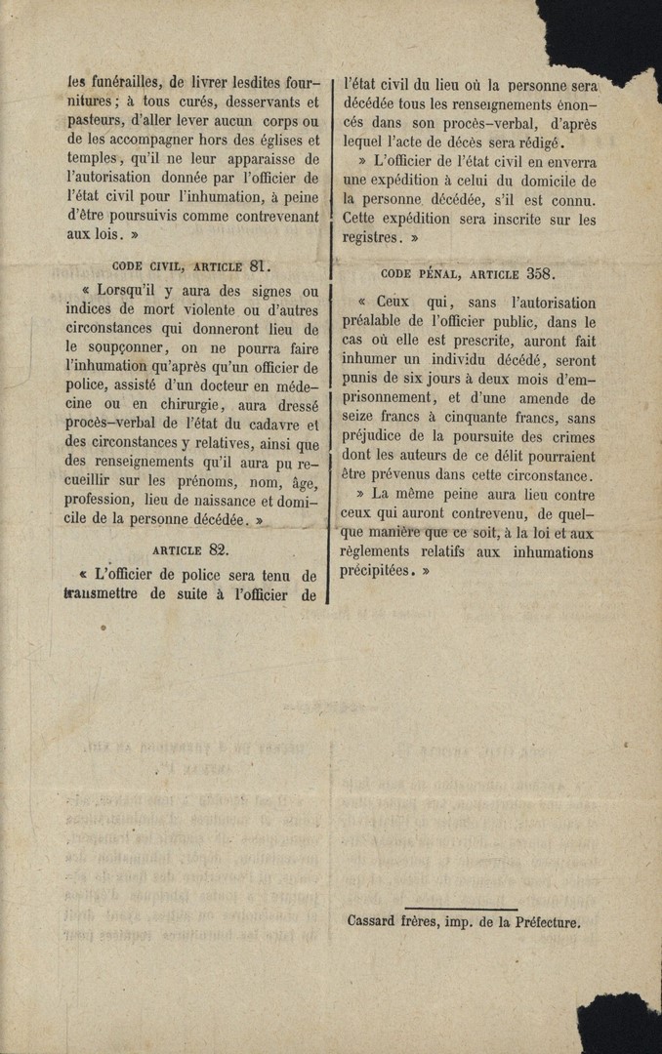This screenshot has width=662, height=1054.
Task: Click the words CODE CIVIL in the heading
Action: pos(148,264)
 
